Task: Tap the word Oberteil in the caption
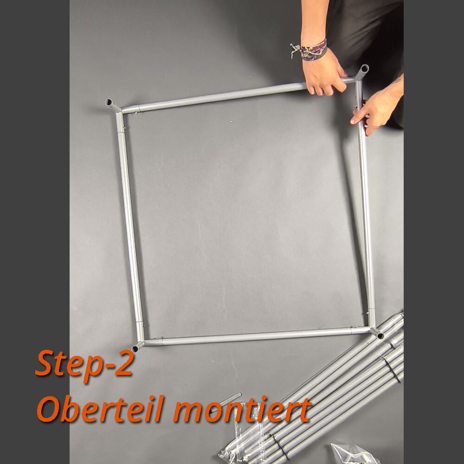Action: [x=101, y=410]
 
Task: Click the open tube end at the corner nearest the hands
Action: [x=364, y=69]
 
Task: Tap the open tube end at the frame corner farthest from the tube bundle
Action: [x=109, y=103]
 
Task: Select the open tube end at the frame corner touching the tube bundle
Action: [x=380, y=335]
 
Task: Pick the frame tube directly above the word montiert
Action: [x=257, y=336]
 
